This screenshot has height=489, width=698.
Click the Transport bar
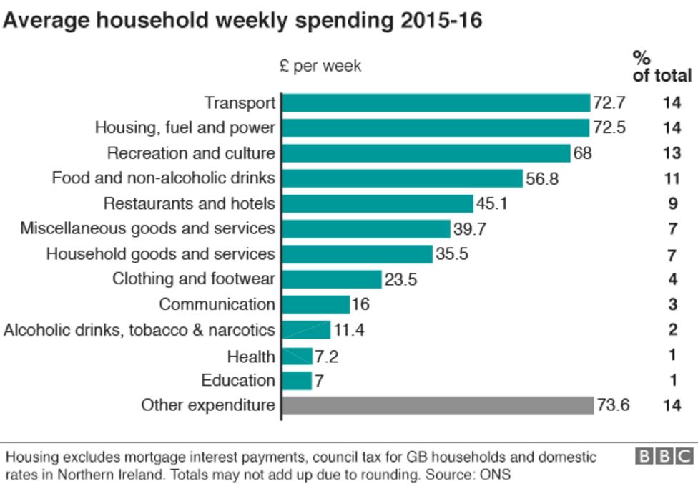coord(436,103)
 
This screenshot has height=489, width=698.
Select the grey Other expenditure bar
coord(438,405)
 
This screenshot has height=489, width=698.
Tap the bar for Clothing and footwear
coord(332,279)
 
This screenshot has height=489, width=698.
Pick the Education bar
coord(298,380)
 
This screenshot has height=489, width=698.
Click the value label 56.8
coord(542,179)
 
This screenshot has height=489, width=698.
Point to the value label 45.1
coord(492,204)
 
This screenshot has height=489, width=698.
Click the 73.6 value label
coord(614,405)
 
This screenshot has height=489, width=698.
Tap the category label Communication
coord(217,304)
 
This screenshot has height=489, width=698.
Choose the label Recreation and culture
coord(191,153)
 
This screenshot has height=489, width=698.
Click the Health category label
coord(251,356)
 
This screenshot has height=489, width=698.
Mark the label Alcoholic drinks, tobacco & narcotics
coord(139,330)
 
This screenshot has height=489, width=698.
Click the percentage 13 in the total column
coord(672,153)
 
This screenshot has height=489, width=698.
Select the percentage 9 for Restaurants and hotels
coord(672,204)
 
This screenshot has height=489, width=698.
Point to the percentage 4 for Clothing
coord(672,279)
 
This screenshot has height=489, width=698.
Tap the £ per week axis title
coord(320,67)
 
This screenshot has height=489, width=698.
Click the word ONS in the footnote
coord(496,474)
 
